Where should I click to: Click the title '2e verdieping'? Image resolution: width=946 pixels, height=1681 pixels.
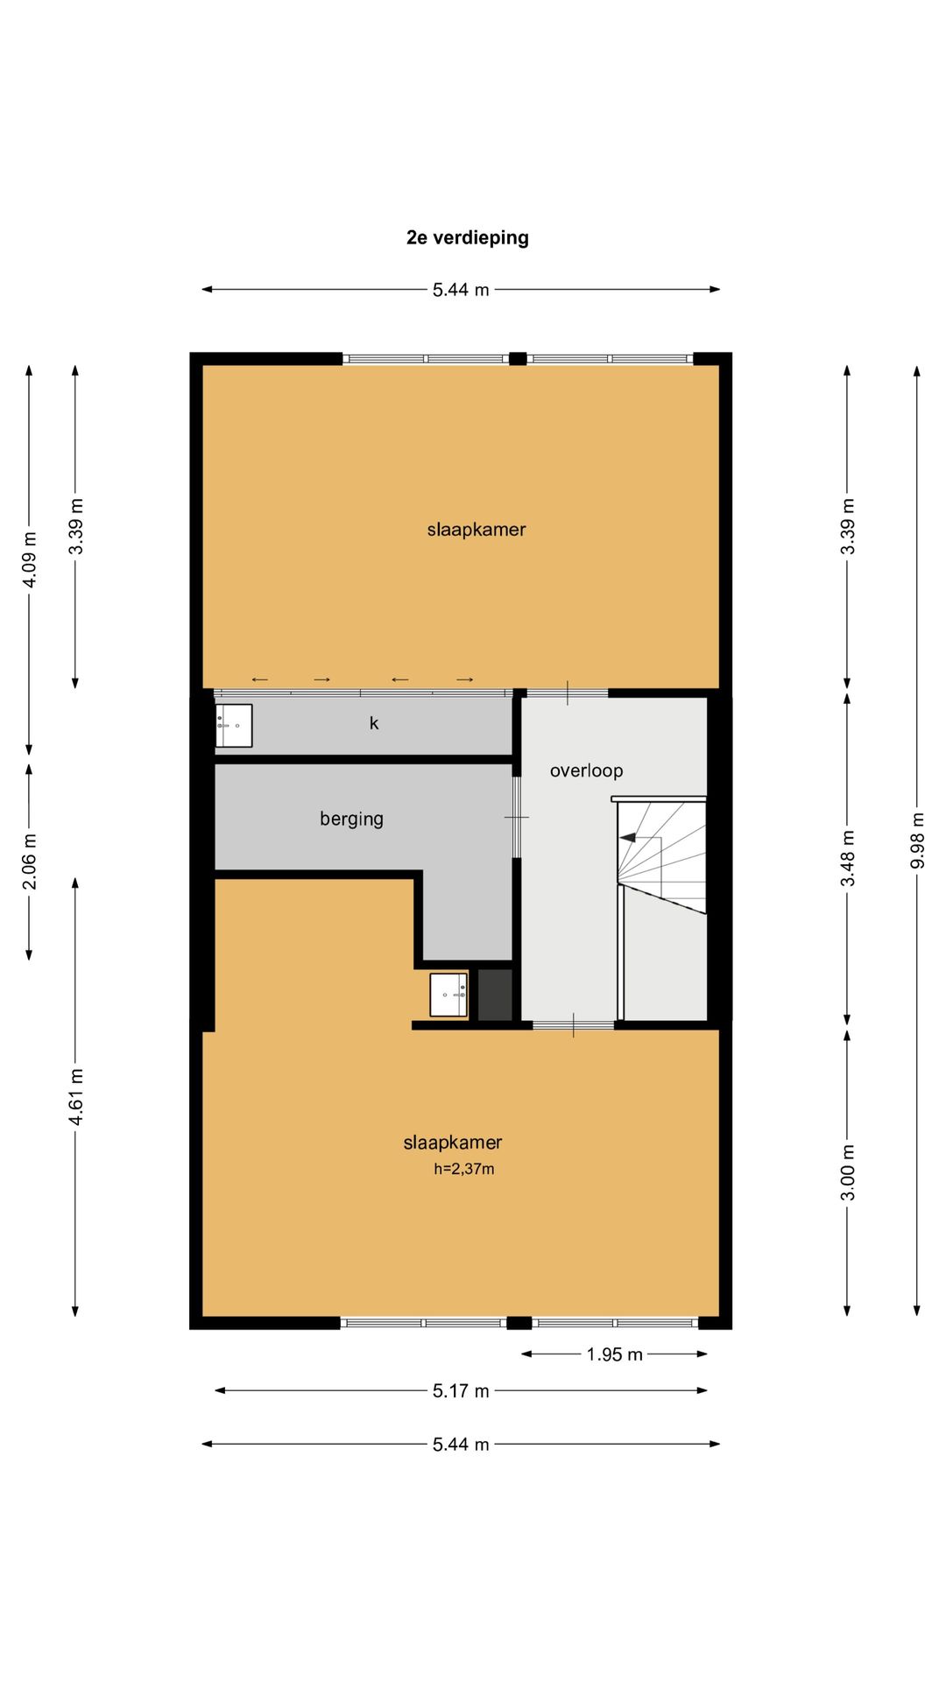[467, 238]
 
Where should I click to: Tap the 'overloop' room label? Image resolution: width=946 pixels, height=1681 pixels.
[586, 770]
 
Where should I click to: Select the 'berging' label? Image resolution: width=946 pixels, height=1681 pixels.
[351, 819]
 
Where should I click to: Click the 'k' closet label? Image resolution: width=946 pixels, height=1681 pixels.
[374, 723]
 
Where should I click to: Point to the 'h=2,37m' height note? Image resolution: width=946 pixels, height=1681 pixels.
[464, 1169]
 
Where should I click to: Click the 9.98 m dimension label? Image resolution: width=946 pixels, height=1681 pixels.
[917, 840]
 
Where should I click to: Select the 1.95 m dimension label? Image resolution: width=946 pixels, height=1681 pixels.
[614, 1354]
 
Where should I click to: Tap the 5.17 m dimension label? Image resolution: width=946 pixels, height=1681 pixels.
[461, 1390]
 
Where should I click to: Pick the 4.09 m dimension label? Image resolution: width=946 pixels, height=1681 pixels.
[30, 559]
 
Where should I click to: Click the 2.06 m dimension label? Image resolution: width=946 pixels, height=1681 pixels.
[30, 861]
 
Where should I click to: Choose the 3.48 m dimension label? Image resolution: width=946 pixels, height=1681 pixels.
[847, 858]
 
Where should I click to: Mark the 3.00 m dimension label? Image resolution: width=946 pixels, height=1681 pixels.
[847, 1173]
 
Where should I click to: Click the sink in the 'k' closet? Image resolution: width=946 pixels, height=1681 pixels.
[234, 726]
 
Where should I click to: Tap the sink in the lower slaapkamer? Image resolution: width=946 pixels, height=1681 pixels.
[448, 995]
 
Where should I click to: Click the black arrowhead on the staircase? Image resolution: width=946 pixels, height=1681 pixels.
[628, 837]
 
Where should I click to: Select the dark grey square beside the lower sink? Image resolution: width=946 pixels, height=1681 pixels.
[495, 995]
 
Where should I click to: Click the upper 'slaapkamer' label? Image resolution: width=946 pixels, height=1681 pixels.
[477, 530]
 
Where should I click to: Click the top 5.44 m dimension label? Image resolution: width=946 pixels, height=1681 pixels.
[461, 290]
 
